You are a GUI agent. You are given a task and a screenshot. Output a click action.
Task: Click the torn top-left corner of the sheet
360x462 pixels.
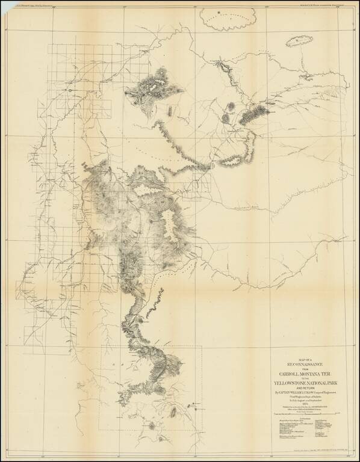pyautogui.click(x=5, y=5)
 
